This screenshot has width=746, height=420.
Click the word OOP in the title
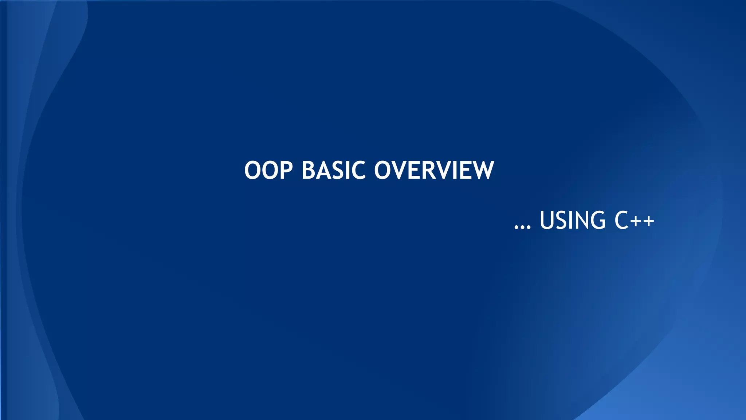coord(268,170)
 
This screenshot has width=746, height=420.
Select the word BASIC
coord(333,170)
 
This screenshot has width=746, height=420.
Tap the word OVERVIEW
coord(434,170)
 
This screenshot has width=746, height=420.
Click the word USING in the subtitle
coord(572,220)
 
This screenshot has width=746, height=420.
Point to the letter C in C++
coord(622,220)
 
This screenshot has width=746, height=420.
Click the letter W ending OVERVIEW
coord(481,170)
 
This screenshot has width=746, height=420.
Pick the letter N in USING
coord(581,220)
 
